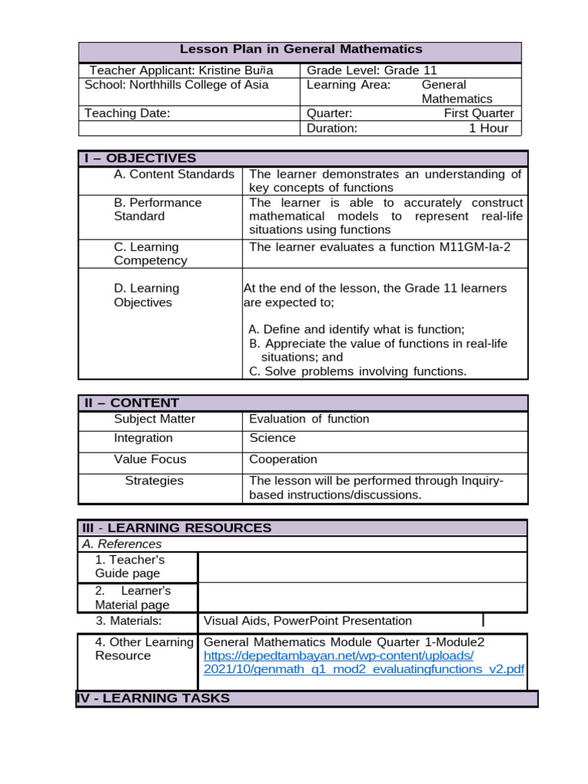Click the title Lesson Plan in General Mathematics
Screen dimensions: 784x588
coord(300,49)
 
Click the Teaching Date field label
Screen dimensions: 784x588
coord(127,113)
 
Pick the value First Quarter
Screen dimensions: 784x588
coord(479,113)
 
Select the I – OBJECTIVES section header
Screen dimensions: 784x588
coord(140,158)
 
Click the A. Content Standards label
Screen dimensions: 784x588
coord(174,175)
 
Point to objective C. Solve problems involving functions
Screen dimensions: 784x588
coord(358,371)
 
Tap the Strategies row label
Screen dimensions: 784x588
coord(154,481)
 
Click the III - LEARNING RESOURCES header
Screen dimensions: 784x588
coord(177,528)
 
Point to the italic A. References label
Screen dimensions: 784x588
coord(122,544)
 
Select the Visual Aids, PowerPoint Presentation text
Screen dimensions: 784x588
coord(308,621)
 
